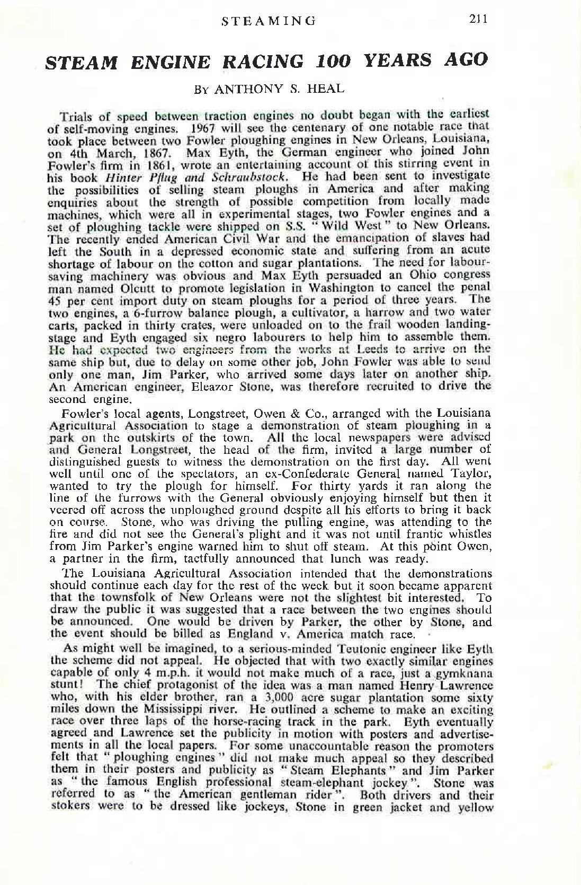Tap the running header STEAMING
point(268,21)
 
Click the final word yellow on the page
point(476,808)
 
